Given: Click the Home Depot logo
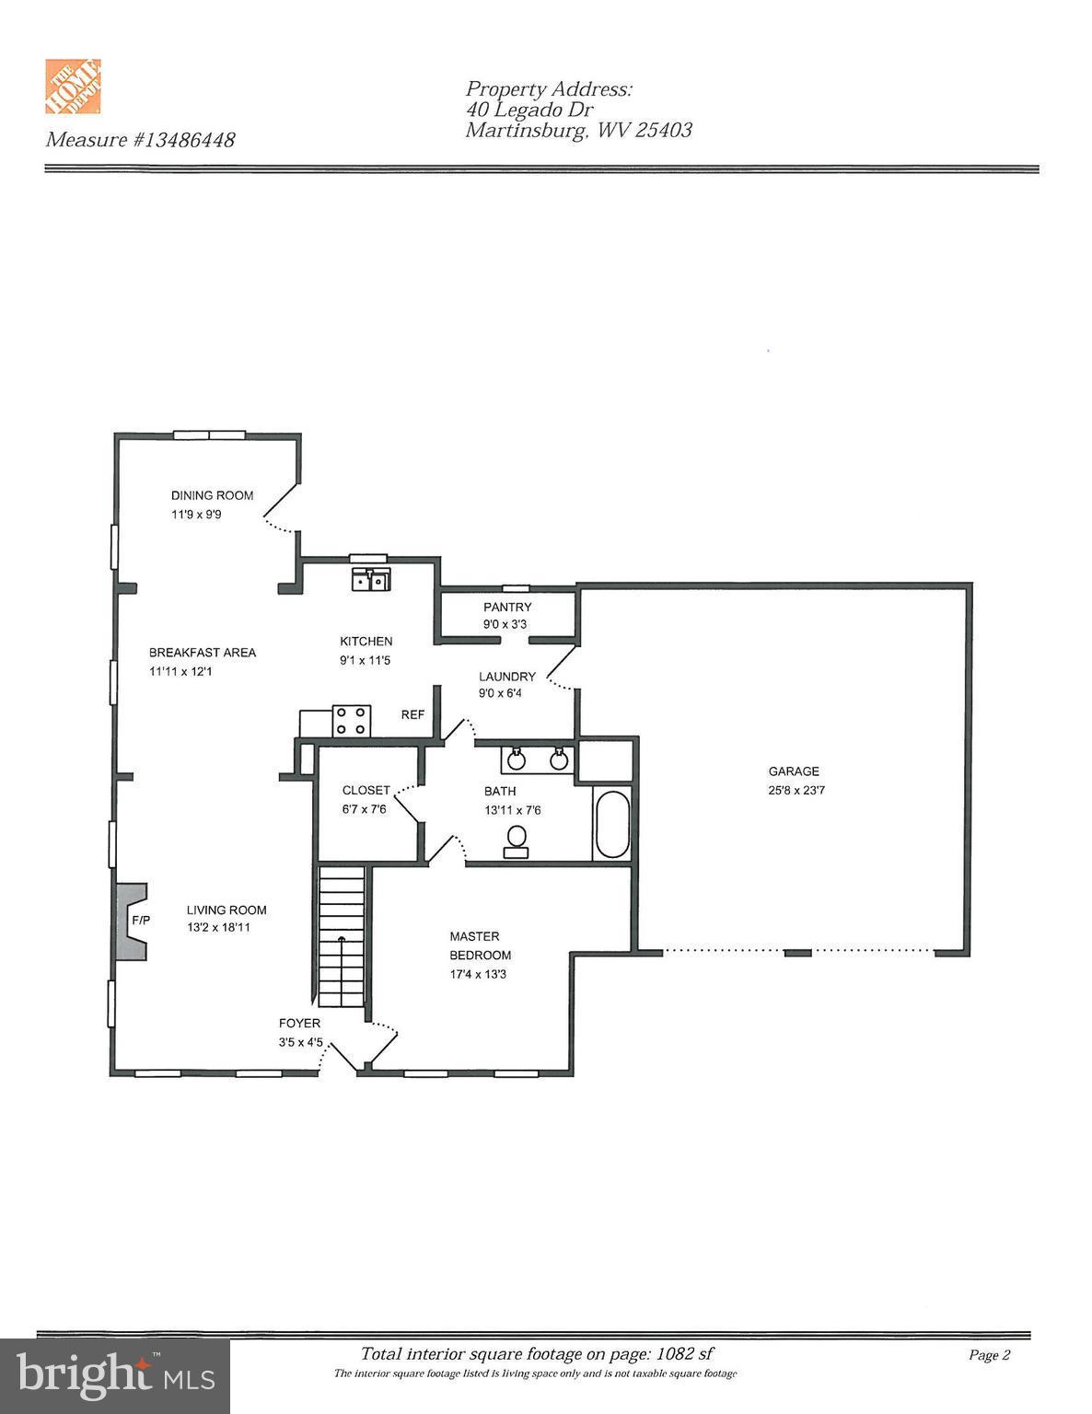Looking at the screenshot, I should coord(73,87).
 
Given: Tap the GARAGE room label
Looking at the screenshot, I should coord(793,771).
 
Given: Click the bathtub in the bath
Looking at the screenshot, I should coord(612,824).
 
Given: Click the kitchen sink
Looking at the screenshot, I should coord(372,580).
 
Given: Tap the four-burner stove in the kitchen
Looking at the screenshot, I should coord(351,721).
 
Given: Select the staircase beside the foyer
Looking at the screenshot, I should coord(342,939).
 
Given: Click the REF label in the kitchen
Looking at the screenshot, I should coord(412,714).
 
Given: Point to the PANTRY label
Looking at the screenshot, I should coord(507,607).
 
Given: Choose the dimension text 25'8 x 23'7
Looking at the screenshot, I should coord(796,790).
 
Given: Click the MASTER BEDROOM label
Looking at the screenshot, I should coord(480,945).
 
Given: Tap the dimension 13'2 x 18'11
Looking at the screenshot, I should coord(218,927).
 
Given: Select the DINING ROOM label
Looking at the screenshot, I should coord(212,495).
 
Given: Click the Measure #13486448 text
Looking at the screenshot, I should coord(140,140).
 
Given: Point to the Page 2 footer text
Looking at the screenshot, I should coord(989,1355).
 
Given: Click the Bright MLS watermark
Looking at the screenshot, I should coord(115,1376).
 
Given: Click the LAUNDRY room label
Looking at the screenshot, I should coord(506,677).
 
